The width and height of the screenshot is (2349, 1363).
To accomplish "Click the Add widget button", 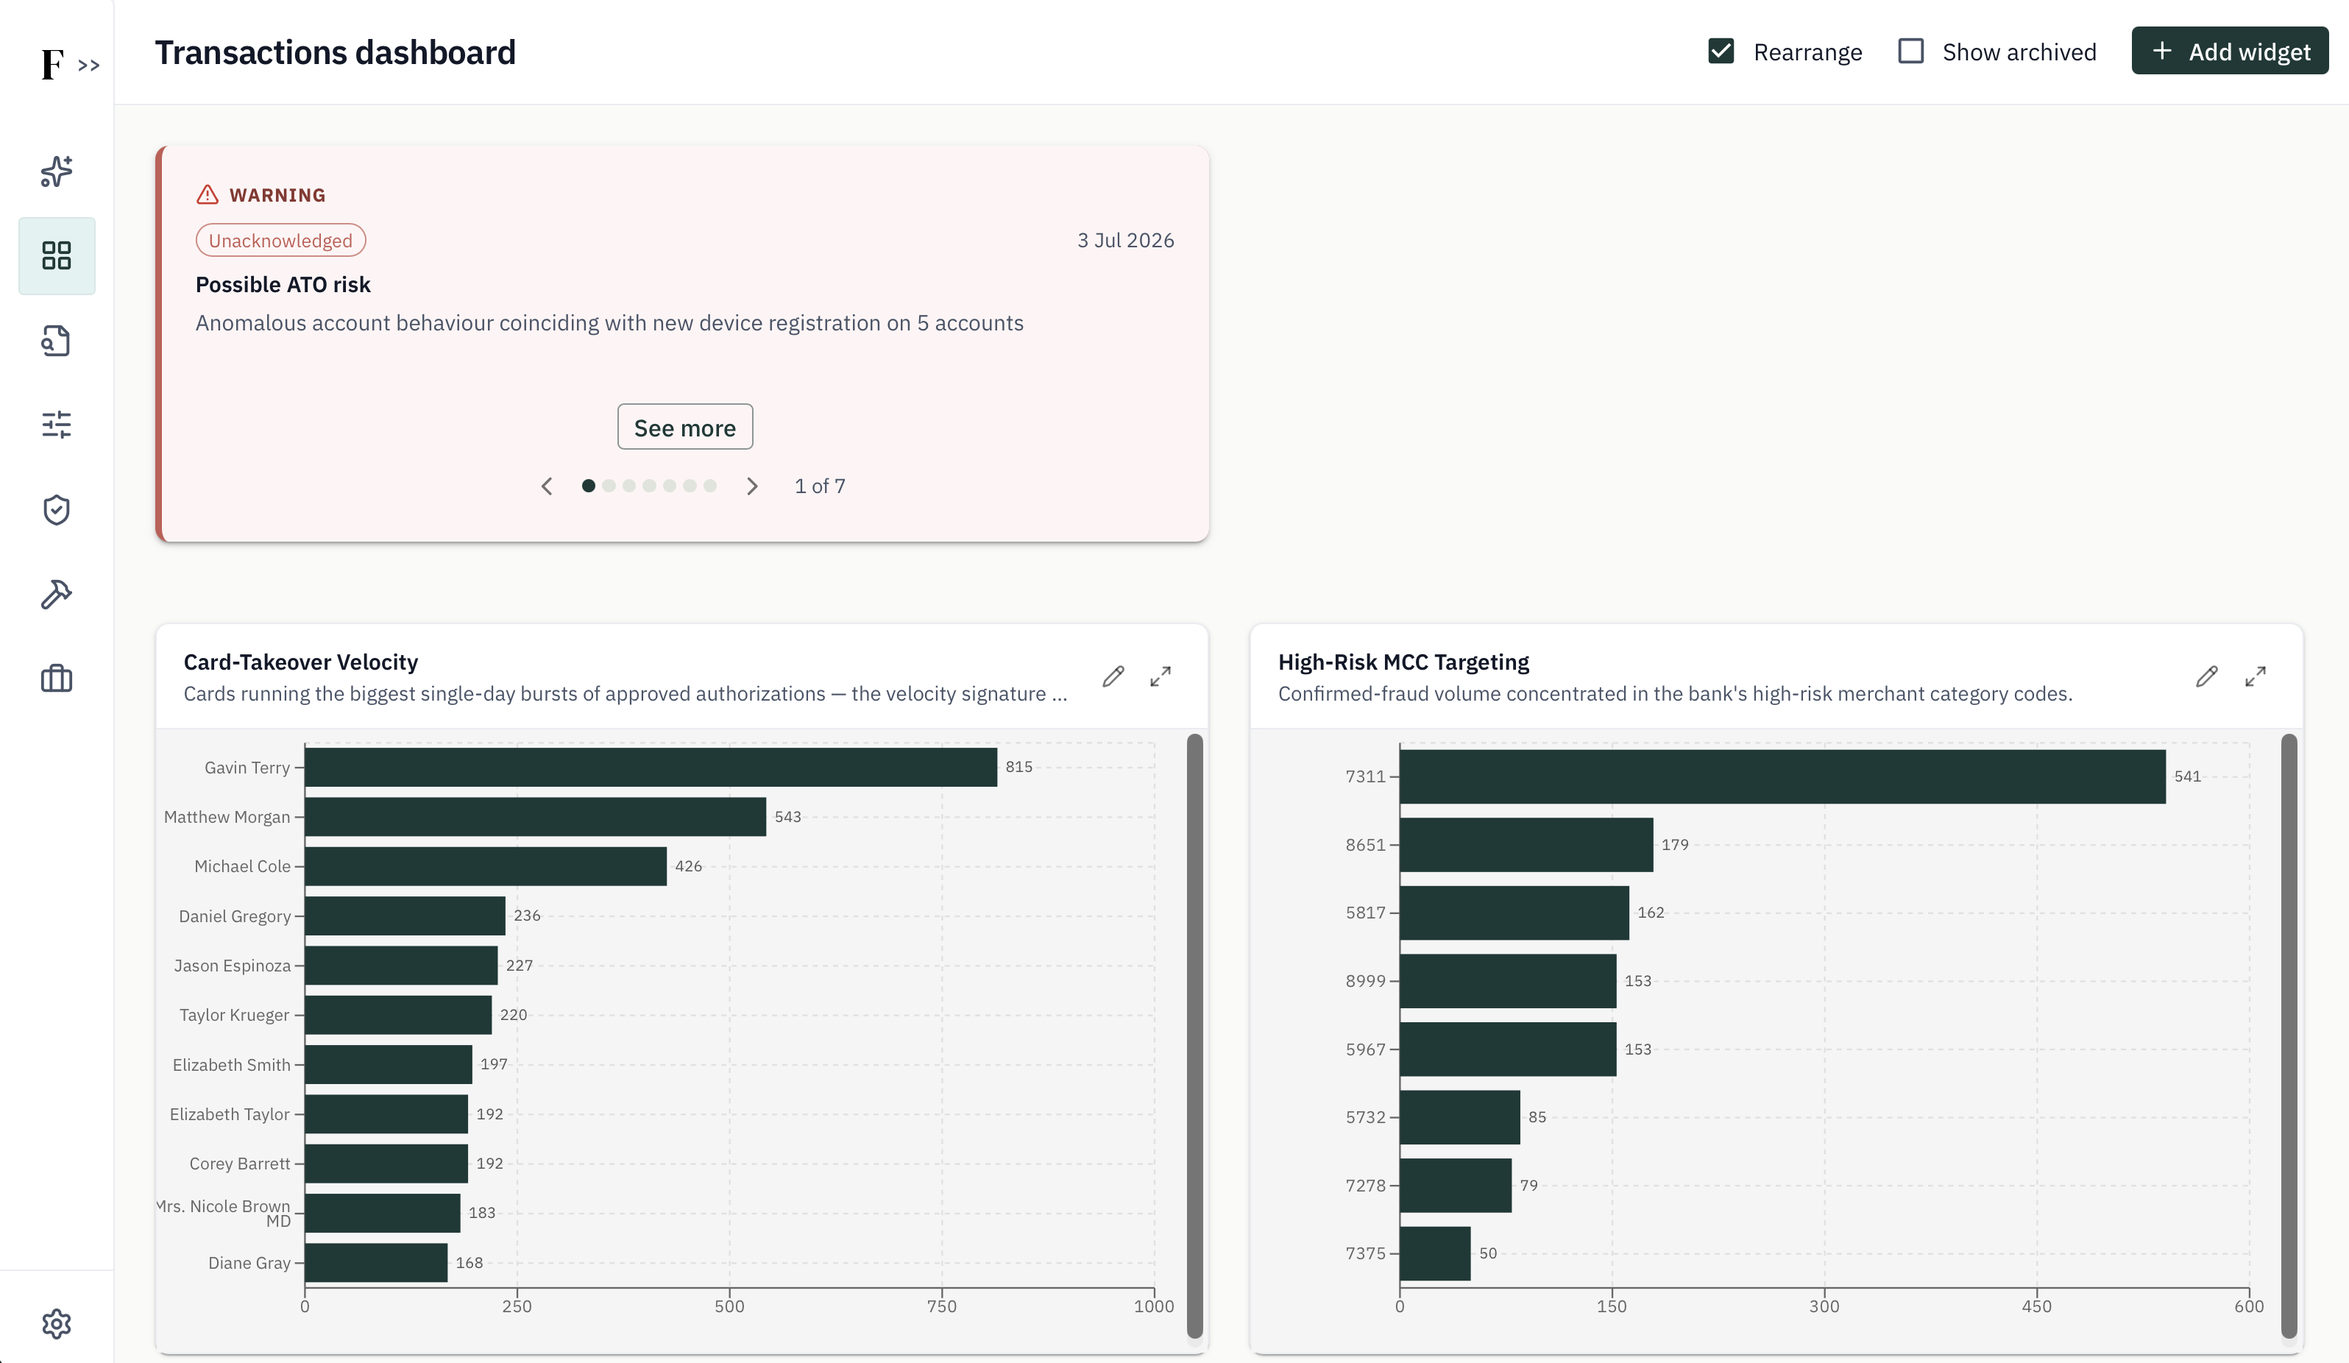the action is [2229, 52].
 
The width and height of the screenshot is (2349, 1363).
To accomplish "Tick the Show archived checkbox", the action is [1911, 52].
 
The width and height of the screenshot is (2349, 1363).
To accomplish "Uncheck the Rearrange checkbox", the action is [1721, 52].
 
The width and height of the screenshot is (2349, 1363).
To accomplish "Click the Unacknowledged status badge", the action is [280, 241].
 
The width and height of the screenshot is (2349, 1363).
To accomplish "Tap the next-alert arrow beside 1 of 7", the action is [752, 486].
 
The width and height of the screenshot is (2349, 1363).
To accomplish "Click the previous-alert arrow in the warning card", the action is [548, 486].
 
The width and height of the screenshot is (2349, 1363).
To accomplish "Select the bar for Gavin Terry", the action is [651, 768].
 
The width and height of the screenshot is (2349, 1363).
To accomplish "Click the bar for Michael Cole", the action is [486, 866].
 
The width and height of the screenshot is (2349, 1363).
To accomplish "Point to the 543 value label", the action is [787, 817].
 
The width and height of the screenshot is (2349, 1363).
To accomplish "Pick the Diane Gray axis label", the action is [249, 1263].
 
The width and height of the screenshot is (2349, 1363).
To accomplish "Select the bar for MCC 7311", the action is [1782, 776].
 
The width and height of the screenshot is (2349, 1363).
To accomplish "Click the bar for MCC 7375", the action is [1436, 1254].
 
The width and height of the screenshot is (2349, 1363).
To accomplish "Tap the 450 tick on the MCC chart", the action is [2037, 1306].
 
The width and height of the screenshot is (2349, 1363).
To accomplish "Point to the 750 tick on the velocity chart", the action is [941, 1306].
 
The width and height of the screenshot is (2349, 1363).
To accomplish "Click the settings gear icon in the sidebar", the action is [57, 1324].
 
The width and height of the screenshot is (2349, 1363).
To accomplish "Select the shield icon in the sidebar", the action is [57, 510].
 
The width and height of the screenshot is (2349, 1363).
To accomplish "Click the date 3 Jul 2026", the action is [1126, 241].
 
